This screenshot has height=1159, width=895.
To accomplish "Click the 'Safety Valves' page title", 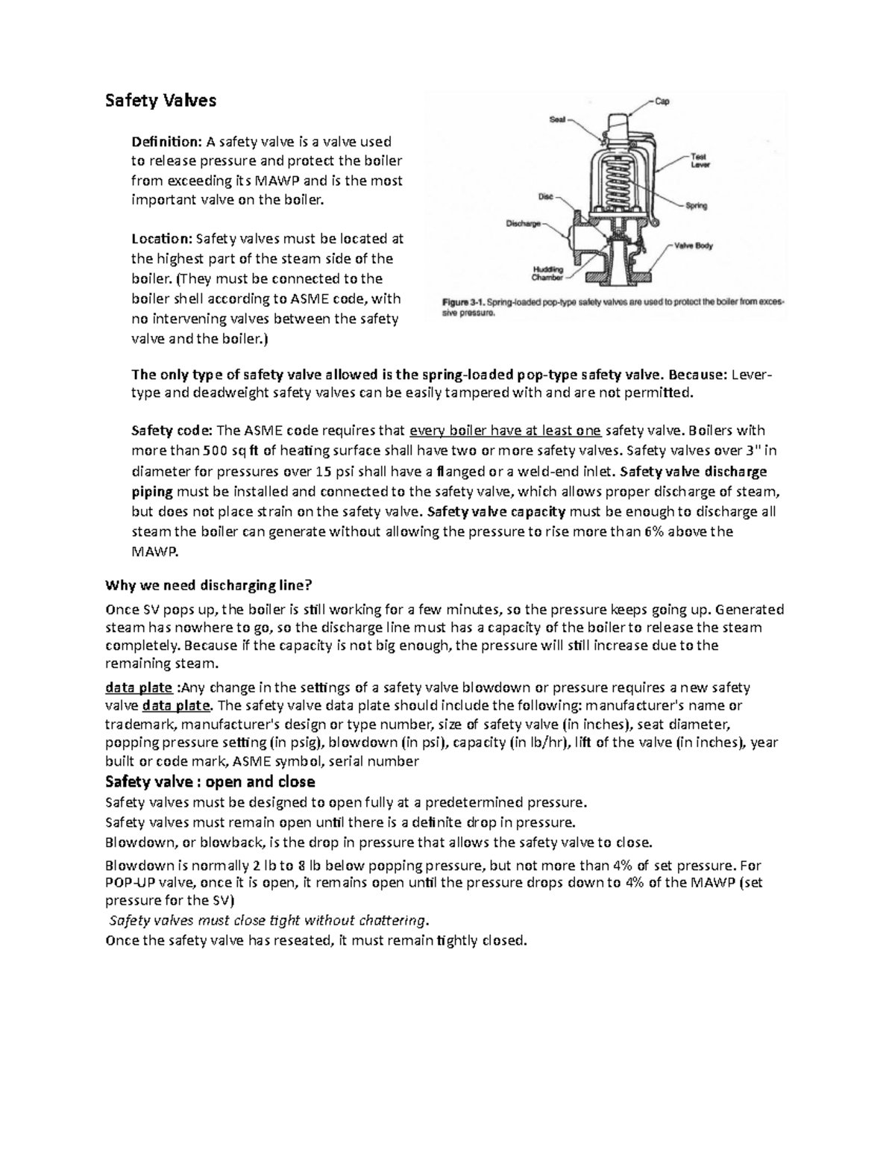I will pyautogui.click(x=160, y=101).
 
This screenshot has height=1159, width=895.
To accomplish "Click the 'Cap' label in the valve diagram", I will pyautogui.click(x=662, y=101).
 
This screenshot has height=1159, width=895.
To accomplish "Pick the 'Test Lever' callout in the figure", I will pyautogui.click(x=700, y=160).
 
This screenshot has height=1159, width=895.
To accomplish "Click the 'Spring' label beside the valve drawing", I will pyautogui.click(x=697, y=205).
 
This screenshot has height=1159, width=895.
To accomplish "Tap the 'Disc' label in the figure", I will pyautogui.click(x=546, y=197).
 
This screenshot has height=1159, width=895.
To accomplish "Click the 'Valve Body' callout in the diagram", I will pyautogui.click(x=694, y=245).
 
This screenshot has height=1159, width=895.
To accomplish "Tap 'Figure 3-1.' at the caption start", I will pyautogui.click(x=464, y=303).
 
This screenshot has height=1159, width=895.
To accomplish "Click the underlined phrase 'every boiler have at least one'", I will pyautogui.click(x=506, y=431).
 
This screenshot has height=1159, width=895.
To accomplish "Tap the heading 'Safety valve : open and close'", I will pyautogui.click(x=210, y=782).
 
